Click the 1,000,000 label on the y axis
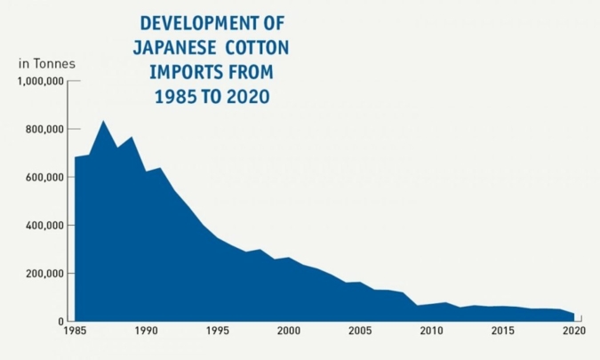point(40,82)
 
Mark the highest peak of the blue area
point(103,121)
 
